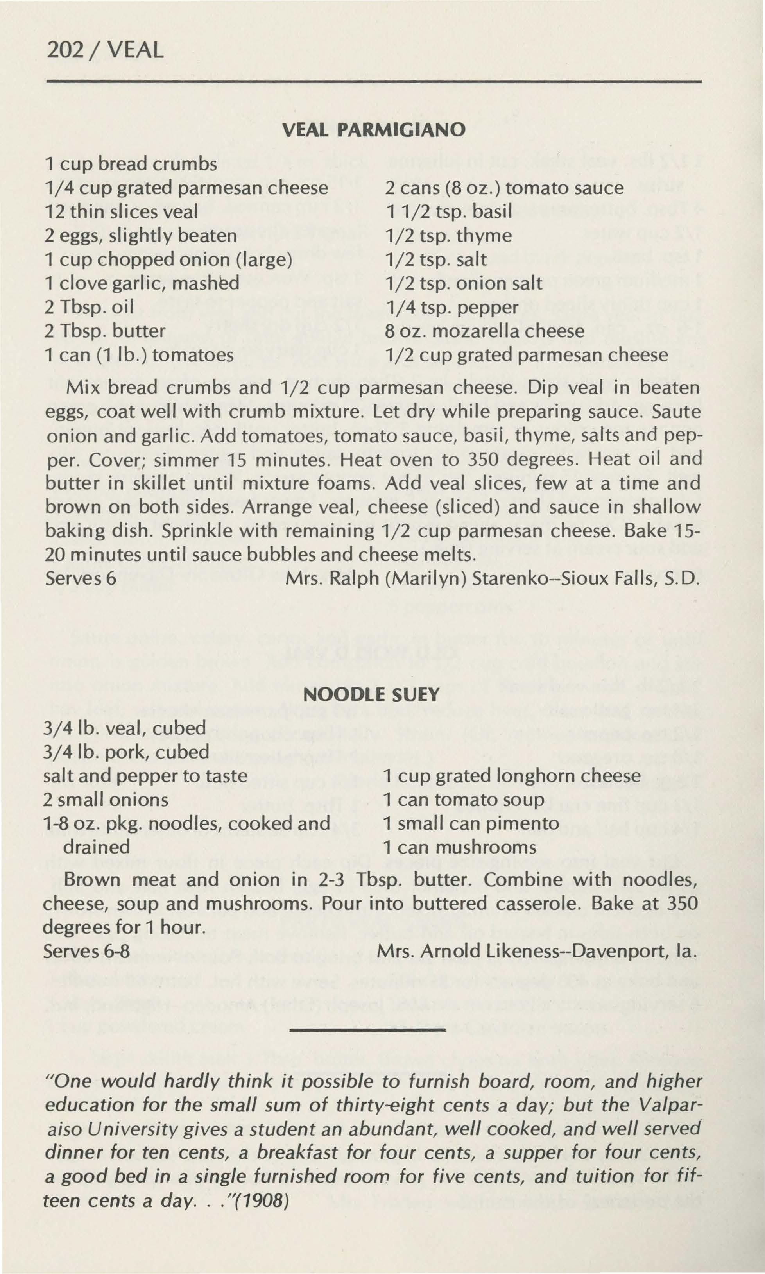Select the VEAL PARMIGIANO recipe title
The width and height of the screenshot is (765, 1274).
pyautogui.click(x=374, y=130)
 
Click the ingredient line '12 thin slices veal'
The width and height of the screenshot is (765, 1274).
pyautogui.click(x=121, y=211)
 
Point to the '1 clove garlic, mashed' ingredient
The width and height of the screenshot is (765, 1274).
pyautogui.click(x=142, y=283)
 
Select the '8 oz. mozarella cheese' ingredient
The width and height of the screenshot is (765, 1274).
pyautogui.click(x=485, y=331)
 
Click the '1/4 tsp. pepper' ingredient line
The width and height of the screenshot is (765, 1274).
pyautogui.click(x=452, y=307)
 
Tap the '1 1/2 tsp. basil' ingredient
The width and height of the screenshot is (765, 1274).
pyautogui.click(x=448, y=211)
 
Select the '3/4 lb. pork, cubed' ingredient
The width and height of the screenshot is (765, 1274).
pyautogui.click(x=126, y=752)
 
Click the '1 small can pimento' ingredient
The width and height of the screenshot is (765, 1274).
pyautogui.click(x=471, y=823)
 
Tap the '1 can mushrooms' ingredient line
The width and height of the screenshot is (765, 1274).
pyautogui.click(x=459, y=847)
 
